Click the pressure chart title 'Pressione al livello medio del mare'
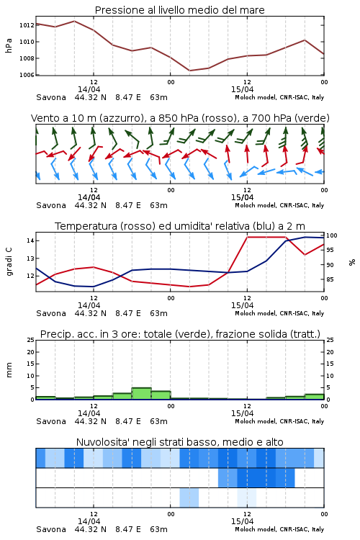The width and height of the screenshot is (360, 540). [179, 10]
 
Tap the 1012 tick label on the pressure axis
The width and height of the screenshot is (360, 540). [27, 25]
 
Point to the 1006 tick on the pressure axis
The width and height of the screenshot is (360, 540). [27, 75]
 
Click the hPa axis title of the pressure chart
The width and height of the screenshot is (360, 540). [9, 45]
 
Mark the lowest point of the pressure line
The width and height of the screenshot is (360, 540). [190, 71]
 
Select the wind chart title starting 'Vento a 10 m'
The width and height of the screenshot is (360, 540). [180, 118]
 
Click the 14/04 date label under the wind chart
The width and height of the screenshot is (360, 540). [89, 197]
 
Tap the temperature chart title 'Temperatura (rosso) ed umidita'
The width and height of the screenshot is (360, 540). [180, 226]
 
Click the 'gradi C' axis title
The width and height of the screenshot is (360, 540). [9, 262]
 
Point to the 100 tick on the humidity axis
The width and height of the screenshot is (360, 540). [332, 235]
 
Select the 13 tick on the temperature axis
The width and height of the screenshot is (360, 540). [30, 258]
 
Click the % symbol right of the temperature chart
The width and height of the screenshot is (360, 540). [352, 262]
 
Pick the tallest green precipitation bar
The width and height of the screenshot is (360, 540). [142, 394]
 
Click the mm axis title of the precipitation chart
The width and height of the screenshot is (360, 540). [9, 370]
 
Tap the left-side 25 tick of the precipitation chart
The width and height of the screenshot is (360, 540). [30, 340]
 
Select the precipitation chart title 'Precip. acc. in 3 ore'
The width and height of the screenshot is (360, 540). [180, 334]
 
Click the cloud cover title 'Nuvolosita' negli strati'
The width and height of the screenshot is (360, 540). [179, 442]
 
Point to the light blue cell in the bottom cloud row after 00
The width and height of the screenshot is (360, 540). [189, 498]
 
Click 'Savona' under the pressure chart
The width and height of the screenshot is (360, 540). [51, 97]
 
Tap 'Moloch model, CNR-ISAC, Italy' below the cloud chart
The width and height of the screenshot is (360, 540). [279, 529]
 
